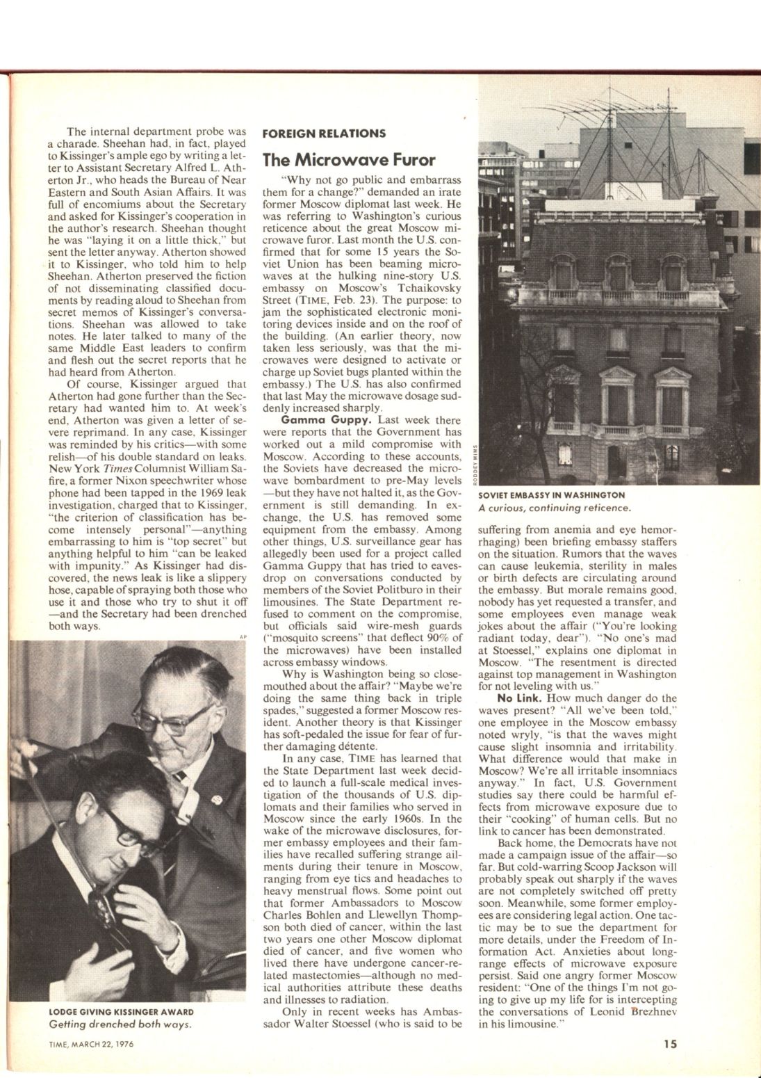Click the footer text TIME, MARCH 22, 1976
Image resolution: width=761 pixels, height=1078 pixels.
pyautogui.click(x=86, y=1044)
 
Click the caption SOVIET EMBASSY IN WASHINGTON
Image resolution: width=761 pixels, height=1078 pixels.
pyautogui.click(x=552, y=494)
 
